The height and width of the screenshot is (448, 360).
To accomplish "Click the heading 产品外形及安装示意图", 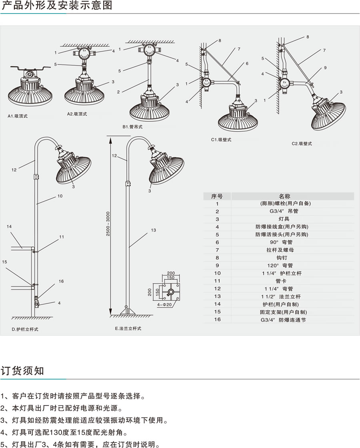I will (57, 6).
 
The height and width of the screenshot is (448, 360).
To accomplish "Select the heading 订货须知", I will (22, 370).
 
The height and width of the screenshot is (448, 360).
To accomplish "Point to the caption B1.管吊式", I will (132, 127).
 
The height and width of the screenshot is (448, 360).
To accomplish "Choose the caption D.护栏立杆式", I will (25, 329).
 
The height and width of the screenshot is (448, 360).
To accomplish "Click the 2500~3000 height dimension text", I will (108, 227).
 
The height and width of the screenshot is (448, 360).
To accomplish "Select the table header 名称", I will (284, 196).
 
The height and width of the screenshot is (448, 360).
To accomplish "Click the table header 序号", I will (217, 196).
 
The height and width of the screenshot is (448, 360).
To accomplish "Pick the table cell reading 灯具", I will (284, 219).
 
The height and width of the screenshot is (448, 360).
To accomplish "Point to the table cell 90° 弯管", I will (284, 242).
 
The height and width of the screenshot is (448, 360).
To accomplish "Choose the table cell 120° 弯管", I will (284, 265).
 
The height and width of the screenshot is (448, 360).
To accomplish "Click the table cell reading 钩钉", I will (284, 258).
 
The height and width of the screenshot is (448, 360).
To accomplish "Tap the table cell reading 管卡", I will (284, 281).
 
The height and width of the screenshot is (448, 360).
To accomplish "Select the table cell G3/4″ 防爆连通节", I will (284, 320).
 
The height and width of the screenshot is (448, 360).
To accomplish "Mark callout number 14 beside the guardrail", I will (9, 227).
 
